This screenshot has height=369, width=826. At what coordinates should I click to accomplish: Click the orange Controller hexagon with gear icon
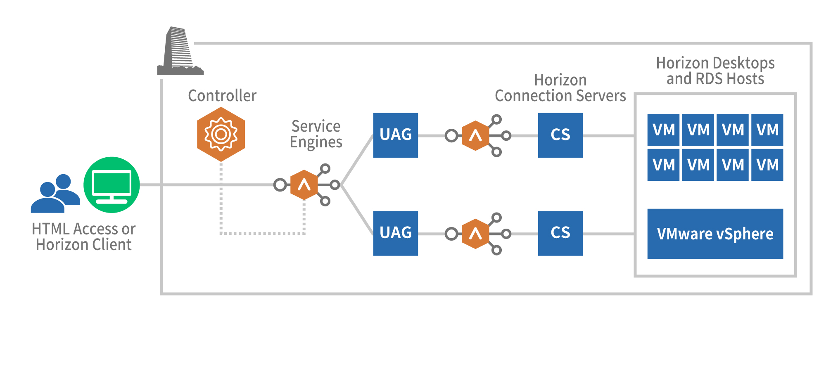coord(221,134)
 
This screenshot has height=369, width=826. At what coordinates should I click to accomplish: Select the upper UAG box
coord(395,135)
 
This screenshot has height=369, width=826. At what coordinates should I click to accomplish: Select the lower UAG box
coord(395,233)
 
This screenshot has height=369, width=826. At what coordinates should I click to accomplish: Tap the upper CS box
coord(560,135)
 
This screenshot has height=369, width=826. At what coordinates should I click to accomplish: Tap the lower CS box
coord(560,233)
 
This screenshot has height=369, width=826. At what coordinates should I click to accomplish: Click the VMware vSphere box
coord(715,234)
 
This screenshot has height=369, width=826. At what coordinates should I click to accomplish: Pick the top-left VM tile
coord(663,130)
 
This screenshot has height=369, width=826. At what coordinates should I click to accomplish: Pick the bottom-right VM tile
coord(767,165)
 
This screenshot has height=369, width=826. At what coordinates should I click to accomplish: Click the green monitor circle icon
coord(112,185)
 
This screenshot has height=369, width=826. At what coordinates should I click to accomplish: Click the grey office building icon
coord(180,52)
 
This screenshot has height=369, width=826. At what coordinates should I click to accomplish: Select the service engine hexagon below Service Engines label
coord(304,185)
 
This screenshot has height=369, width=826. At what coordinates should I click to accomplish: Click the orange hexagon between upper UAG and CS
coord(475,135)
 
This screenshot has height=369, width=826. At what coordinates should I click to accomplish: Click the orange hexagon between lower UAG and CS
coord(475,234)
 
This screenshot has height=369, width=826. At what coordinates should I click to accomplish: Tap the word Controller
coord(222,96)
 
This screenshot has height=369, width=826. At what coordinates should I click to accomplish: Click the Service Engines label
coord(316,134)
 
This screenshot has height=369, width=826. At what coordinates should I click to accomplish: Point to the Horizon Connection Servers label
coord(560,88)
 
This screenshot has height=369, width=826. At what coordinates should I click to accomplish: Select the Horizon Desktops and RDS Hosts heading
coord(715,71)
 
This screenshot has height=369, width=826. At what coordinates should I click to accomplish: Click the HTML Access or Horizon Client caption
coord(83,237)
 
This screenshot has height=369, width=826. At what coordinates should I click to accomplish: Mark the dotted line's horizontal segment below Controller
coord(262,233)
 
